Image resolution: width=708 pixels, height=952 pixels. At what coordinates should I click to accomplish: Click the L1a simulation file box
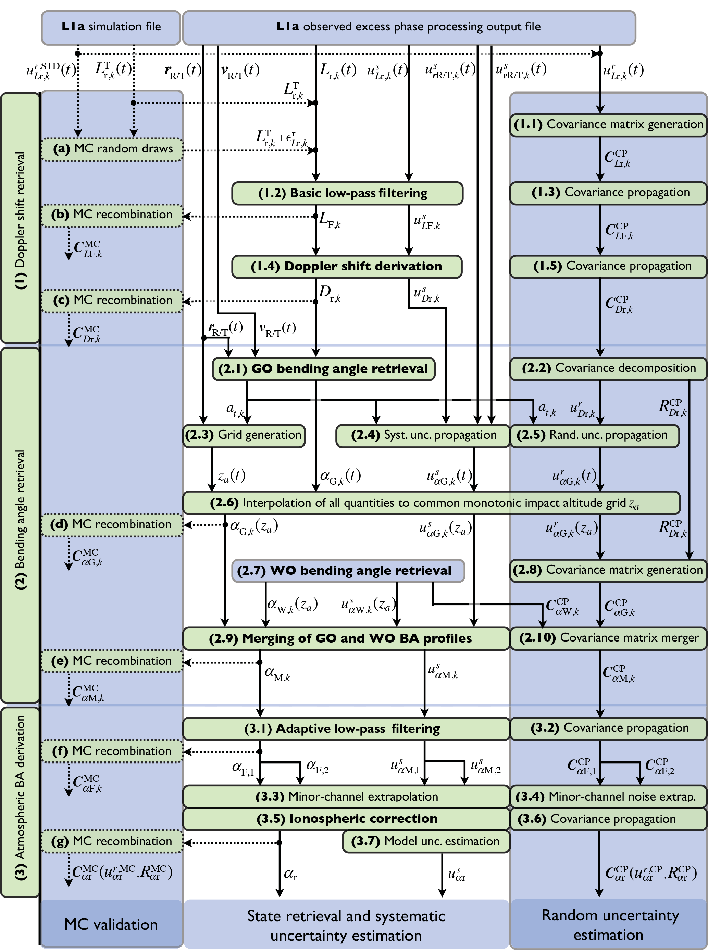111,27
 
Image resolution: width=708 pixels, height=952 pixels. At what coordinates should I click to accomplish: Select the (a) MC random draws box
112,149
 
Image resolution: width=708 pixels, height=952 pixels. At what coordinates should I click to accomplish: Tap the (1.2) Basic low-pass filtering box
347,193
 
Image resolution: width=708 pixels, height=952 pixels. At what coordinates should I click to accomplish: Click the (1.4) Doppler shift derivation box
346,266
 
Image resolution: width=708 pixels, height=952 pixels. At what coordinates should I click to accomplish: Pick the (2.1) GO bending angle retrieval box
324,369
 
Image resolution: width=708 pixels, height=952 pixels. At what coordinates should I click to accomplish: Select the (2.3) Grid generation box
244,435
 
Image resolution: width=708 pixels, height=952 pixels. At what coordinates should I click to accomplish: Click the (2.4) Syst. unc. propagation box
423,435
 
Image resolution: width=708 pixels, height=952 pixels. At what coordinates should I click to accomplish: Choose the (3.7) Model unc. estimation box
425,841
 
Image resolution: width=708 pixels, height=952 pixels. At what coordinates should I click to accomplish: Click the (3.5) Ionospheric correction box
346,819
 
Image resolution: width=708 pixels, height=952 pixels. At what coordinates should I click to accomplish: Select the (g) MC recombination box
112,841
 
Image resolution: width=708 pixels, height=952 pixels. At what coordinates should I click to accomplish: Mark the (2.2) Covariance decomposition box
608,368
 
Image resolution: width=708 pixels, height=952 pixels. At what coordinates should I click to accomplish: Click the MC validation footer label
111,924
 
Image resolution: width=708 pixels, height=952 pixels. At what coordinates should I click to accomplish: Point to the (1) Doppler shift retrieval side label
20,219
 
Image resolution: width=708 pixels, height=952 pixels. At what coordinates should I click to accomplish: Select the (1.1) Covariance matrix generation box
608,125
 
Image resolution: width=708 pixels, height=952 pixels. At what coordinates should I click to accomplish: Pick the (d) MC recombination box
111,524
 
